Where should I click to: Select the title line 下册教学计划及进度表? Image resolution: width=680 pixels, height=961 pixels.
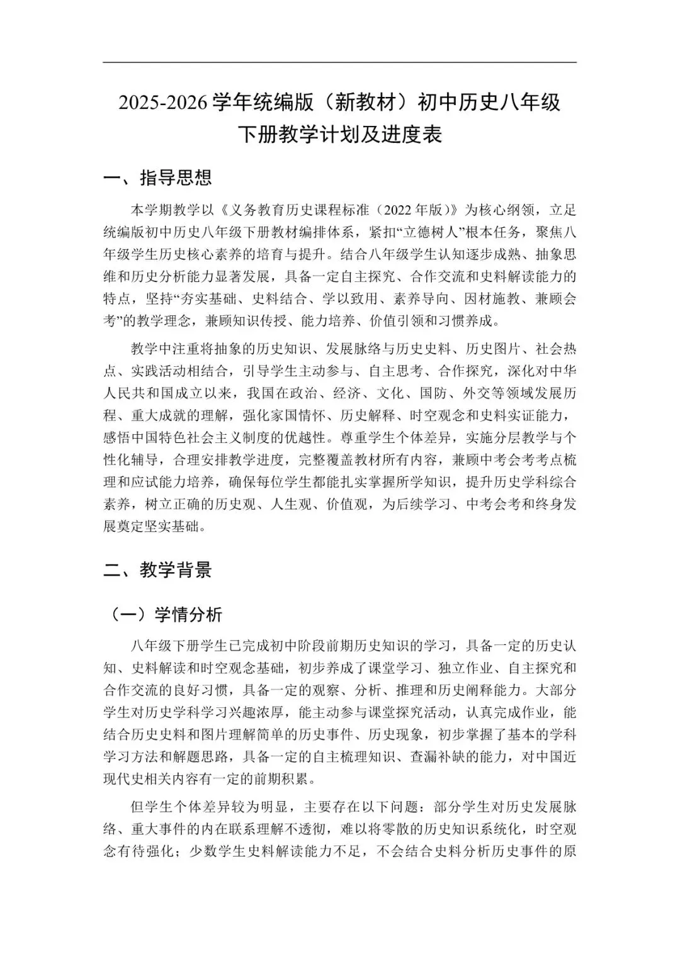click(339, 135)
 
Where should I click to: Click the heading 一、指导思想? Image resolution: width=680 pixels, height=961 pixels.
click(157, 177)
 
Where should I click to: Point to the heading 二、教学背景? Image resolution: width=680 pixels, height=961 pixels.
click(157, 570)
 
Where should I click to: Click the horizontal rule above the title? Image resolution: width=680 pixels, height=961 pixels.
click(339, 62)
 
